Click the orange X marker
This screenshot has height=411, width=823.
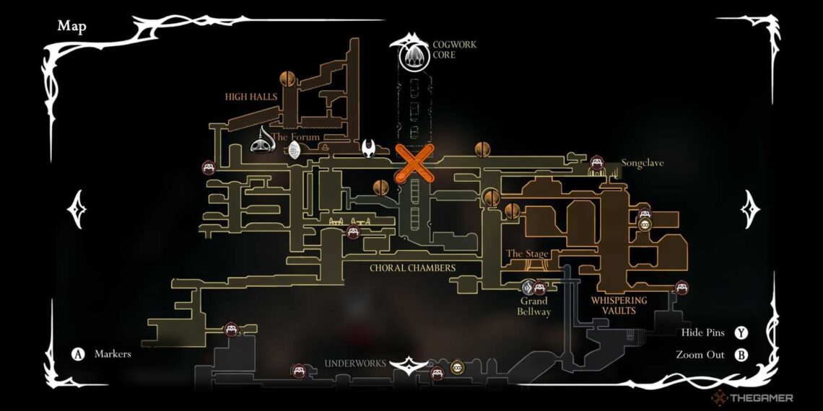pyautogui.click(x=414, y=162)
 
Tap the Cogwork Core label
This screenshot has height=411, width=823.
pyautogui.click(x=454, y=50)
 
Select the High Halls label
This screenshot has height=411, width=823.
pyautogui.click(x=251, y=97)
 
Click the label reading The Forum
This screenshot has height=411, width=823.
pyautogui.click(x=296, y=137)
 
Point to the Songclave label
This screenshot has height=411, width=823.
pyautogui.click(x=643, y=164)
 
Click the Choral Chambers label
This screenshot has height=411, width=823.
pyautogui.click(x=412, y=268)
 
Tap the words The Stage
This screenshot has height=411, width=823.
pyautogui.click(x=528, y=254)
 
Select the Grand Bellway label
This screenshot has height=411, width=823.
pyautogui.click(x=533, y=306)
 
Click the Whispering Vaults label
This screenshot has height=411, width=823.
pyautogui.click(x=619, y=305)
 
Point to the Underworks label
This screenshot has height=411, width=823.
pyautogui.click(x=355, y=363)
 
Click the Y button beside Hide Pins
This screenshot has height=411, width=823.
pyautogui.click(x=741, y=333)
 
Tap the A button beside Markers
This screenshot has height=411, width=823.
pyautogui.click(x=78, y=354)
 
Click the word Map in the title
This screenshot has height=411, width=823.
pyautogui.click(x=72, y=27)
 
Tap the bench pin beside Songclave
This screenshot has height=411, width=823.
pyautogui.click(x=597, y=163)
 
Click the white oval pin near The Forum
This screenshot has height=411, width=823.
pyautogui.click(x=295, y=150)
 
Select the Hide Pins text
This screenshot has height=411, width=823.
pyautogui.click(x=702, y=333)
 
